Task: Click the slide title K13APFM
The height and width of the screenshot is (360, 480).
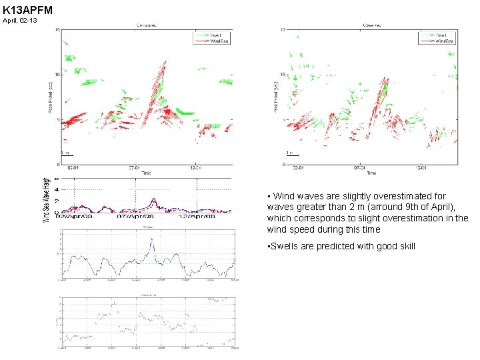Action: pyautogui.click(x=27, y=10)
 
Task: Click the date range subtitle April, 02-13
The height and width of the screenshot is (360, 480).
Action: pyautogui.click(x=20, y=21)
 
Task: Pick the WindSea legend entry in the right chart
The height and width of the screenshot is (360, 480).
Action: pyautogui.click(x=443, y=41)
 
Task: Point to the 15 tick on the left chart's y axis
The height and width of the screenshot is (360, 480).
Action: pyautogui.click(x=58, y=29)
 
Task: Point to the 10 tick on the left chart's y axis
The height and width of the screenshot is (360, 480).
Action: pyautogui.click(x=58, y=75)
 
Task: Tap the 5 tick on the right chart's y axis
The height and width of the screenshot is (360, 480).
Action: pyautogui.click(x=283, y=120)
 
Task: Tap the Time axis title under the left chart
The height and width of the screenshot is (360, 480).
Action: pyautogui.click(x=146, y=173)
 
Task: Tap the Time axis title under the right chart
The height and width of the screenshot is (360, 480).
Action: pyautogui.click(x=371, y=173)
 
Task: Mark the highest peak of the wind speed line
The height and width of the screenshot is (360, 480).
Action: pyautogui.click(x=152, y=239)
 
